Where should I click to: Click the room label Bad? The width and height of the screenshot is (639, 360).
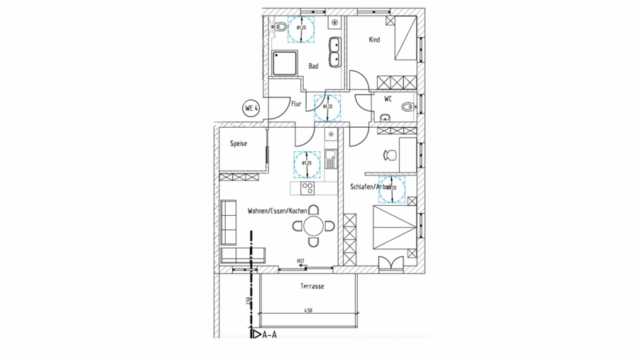click(x=313, y=66)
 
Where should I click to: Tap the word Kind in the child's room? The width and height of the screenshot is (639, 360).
click(x=374, y=40)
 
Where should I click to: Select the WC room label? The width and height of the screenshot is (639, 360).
click(x=388, y=99)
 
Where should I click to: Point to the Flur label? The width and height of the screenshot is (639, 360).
click(x=296, y=104)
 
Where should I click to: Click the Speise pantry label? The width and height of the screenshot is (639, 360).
click(x=238, y=143)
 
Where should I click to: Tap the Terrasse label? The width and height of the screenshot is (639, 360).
click(x=312, y=286)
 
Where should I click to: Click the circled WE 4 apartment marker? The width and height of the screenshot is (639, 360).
click(x=250, y=109)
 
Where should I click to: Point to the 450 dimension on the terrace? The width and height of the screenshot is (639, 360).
click(x=309, y=310)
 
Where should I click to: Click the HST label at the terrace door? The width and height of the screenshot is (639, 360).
click(x=301, y=261)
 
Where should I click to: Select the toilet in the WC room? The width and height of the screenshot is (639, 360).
click(x=407, y=108)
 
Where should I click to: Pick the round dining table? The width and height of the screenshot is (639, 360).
click(x=313, y=227)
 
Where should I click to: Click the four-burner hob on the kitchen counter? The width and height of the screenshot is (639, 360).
click(x=309, y=188)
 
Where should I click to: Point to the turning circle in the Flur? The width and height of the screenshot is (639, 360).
click(x=327, y=107)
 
